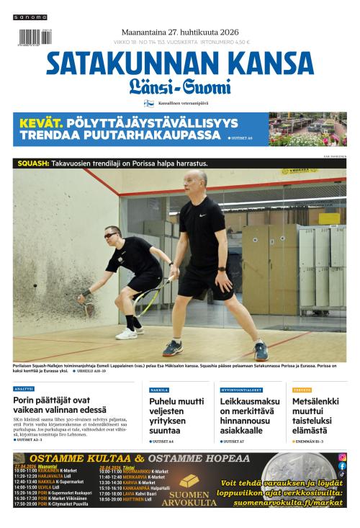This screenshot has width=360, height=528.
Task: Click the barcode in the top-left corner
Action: tap(29, 37)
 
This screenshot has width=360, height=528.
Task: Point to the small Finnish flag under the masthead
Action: tap(149, 104)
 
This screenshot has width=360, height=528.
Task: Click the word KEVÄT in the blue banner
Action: tap(42, 122)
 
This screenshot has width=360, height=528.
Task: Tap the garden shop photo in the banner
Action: tap(307, 129)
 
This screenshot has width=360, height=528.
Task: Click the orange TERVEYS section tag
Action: tap(302, 390)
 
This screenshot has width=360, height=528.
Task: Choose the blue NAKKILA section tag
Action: tap(159, 390)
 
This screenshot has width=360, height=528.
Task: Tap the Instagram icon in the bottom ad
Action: tap(342, 457)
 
